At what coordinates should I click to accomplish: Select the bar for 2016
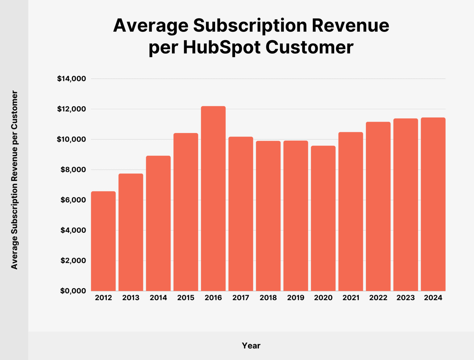point(213,199)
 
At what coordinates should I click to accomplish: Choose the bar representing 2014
point(158,223)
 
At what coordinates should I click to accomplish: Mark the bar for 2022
point(378,206)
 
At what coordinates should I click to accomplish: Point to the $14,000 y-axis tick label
point(72,79)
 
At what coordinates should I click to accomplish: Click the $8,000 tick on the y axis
point(73,170)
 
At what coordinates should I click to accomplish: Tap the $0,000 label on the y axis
point(73,291)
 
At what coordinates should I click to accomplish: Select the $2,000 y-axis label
point(73,261)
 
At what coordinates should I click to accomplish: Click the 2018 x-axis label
point(268,298)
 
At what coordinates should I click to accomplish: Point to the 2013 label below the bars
point(131,298)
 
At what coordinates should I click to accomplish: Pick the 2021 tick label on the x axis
point(351,298)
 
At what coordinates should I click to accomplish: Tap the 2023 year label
point(405,298)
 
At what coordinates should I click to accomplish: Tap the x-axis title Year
point(251,346)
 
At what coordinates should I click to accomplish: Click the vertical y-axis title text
point(15,180)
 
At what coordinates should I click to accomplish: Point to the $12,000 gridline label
point(72,109)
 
